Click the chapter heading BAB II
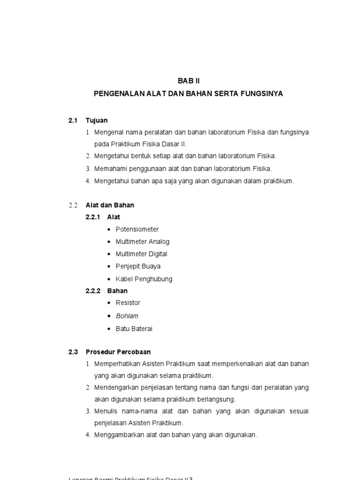188,81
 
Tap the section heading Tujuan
97,120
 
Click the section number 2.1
73,120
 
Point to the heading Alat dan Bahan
110,205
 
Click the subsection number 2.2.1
93,217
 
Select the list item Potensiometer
137,229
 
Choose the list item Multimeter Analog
142,241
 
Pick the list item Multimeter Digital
141,254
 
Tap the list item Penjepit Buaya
138,266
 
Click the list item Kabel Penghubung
144,279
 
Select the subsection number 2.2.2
93,291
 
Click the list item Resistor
128,303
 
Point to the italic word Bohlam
127,316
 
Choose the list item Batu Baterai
134,329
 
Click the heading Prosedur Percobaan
118,352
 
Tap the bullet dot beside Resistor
109,303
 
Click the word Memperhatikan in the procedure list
114,364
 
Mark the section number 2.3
73,352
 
